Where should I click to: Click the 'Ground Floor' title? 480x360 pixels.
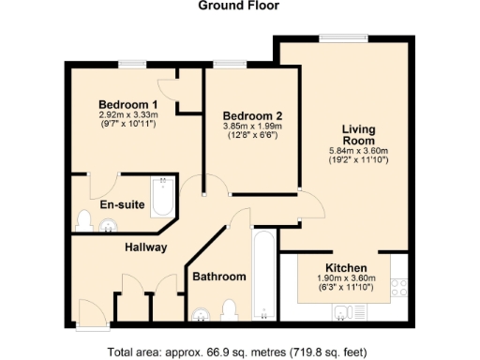pyautogui.click(x=238, y=6)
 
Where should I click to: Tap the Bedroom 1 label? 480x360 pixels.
pyautogui.click(x=127, y=103)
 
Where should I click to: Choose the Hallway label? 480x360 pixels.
pyautogui.click(x=146, y=247)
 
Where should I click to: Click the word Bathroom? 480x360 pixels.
pyautogui.click(x=219, y=277)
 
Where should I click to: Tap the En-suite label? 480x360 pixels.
pyautogui.click(x=122, y=203)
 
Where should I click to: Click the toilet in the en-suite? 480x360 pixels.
pyautogui.click(x=84, y=221)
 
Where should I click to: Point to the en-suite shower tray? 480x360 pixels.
pyautogui.click(x=163, y=195)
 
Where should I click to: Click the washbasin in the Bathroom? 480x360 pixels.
pyautogui.click(x=200, y=313)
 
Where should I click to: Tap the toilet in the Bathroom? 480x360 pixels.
pyautogui.click(x=228, y=309)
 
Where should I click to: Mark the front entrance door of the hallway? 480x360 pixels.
pyautogui.click(x=93, y=315)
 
